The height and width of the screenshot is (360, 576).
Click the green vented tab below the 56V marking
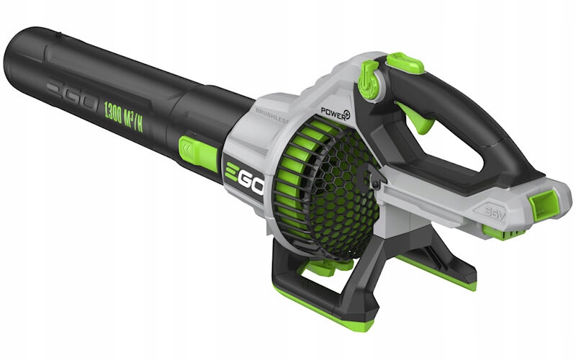[x=500, y=232]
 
